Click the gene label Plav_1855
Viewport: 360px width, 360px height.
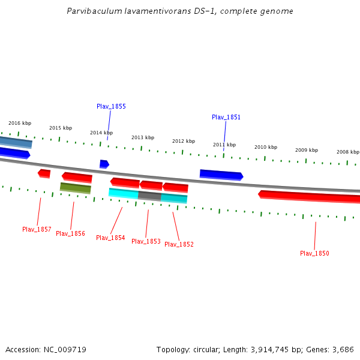111,106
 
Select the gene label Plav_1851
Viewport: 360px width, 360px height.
226,117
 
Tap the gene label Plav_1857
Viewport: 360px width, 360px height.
37,229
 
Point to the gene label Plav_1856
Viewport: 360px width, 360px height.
70,233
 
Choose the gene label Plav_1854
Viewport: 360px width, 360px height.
110,238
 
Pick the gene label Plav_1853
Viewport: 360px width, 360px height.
146,241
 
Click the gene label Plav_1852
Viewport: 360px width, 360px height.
179,244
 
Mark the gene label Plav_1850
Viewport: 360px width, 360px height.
314,253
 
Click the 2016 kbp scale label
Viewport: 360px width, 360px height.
20,123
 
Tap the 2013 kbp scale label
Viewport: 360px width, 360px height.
143,137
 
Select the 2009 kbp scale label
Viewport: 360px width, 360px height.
307,150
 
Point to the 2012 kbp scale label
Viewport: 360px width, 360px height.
184,141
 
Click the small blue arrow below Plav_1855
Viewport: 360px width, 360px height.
104,164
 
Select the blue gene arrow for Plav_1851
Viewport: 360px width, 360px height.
221,175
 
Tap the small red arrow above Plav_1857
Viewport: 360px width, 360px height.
44,173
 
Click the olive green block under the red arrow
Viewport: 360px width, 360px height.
76,188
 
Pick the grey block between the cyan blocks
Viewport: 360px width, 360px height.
149,196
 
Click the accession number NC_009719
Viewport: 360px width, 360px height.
65,349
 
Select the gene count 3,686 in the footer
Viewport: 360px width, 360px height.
343,349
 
